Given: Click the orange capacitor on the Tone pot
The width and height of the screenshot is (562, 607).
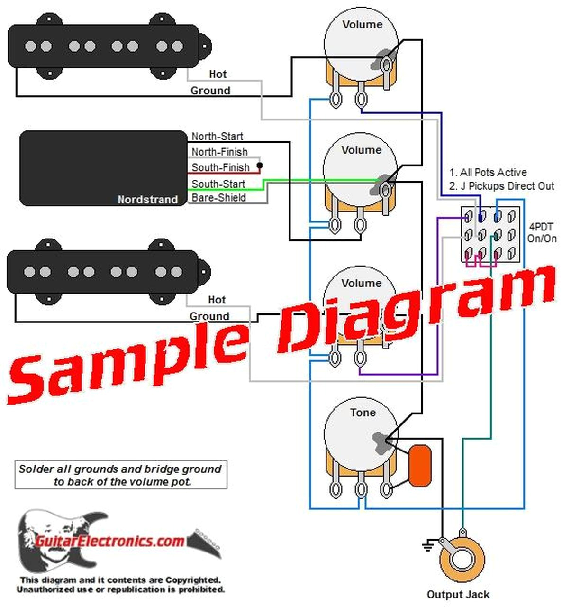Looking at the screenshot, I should click(x=420, y=466).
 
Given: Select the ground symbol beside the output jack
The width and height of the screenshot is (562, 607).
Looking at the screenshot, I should click(x=428, y=546).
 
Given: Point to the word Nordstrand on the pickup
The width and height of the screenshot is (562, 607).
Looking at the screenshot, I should click(x=147, y=200).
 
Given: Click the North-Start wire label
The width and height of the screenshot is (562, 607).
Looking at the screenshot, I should click(x=217, y=137).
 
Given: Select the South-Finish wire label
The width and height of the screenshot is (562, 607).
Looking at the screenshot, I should click(x=220, y=167).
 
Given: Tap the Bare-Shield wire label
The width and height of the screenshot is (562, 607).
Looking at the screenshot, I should click(x=218, y=198).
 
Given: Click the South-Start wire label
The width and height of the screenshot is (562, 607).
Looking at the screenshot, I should click(x=218, y=184).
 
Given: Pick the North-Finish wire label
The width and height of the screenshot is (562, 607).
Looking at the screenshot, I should click(x=219, y=152).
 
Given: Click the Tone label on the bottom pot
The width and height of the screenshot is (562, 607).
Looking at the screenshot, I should click(x=363, y=413).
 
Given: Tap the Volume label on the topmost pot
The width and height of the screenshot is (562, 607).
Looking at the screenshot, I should click(x=362, y=25).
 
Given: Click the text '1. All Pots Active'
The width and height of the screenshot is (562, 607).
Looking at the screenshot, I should click(x=488, y=172).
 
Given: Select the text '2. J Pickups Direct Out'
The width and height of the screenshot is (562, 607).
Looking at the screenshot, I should click(x=501, y=186).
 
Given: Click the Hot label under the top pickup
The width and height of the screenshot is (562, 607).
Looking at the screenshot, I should click(x=218, y=74).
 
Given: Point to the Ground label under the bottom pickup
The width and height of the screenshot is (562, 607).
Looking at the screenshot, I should click(x=209, y=316).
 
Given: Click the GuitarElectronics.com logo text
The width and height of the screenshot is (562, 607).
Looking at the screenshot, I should click(x=109, y=541).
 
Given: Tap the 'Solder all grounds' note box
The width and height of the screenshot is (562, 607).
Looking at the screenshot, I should click(x=120, y=475).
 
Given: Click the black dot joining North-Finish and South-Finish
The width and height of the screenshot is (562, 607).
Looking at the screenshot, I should click(x=259, y=166).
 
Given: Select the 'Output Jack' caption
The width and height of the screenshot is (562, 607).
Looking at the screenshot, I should click(x=458, y=595).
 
